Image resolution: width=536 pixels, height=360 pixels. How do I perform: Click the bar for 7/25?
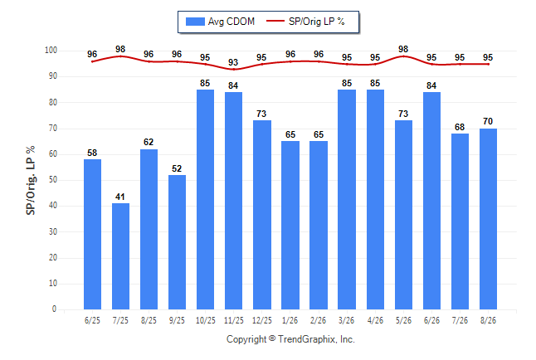(x=120, y=256)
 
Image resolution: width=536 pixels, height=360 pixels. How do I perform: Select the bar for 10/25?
(x=206, y=200)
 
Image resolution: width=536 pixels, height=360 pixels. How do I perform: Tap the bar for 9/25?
(x=177, y=242)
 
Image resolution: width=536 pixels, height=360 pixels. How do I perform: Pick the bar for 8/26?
(x=488, y=219)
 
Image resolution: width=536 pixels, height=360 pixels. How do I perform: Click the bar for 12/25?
(x=262, y=215)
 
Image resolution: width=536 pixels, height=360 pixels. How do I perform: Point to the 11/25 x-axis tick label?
(x=234, y=320)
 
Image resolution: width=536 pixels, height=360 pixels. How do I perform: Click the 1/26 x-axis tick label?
(x=290, y=320)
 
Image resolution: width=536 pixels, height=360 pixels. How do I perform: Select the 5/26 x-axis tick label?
(x=403, y=320)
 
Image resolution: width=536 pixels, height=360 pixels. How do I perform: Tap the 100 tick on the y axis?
(x=51, y=51)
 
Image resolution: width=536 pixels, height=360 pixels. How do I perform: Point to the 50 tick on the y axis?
(x=53, y=180)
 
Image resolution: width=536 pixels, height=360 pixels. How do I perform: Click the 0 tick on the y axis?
(x=55, y=309)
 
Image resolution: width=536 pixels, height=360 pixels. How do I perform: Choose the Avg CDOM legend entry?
(x=220, y=22)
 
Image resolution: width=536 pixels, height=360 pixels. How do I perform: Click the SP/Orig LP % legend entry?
(x=305, y=22)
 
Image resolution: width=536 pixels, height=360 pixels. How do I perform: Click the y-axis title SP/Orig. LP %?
(x=31, y=181)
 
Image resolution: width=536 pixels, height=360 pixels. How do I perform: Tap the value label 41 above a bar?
(x=120, y=197)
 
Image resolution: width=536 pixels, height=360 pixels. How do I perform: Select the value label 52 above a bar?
(x=177, y=168)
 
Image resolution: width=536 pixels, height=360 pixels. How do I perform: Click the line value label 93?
(x=233, y=62)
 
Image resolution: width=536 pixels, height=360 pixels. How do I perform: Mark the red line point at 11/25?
(x=234, y=70)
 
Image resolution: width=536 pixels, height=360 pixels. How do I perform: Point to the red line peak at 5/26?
(x=403, y=56)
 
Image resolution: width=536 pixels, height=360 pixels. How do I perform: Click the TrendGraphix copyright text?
(x=290, y=339)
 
